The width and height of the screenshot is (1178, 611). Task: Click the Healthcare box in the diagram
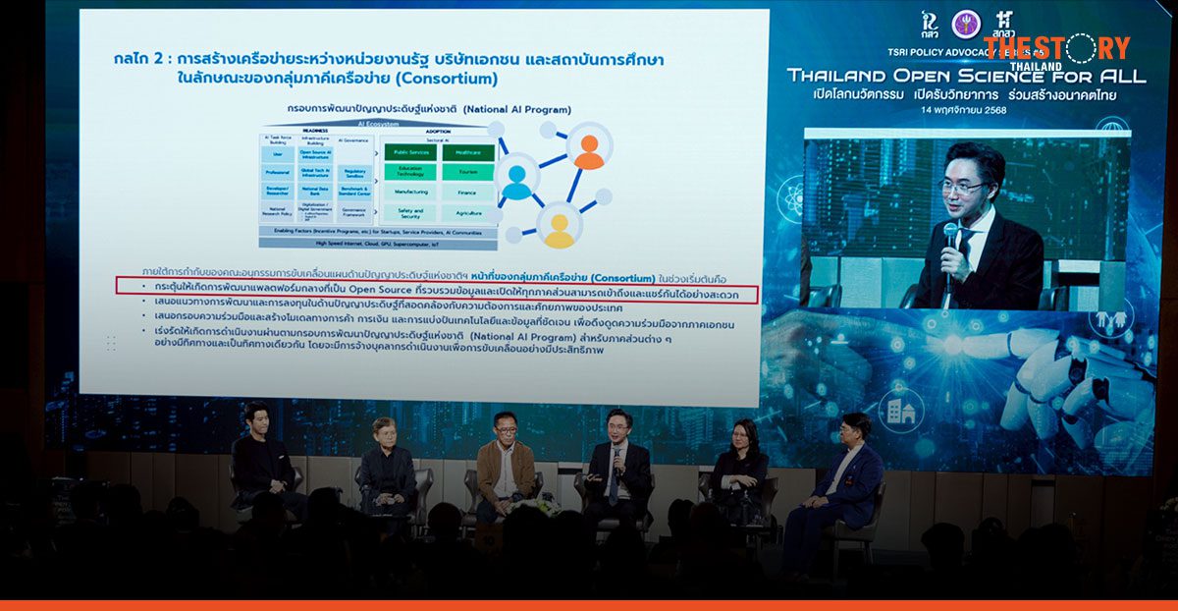467,152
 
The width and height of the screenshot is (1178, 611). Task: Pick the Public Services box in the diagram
411,152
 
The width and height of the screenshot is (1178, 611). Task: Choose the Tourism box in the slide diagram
467,172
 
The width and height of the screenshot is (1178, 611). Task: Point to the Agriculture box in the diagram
467,212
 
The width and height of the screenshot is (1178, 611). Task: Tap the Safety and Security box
411,212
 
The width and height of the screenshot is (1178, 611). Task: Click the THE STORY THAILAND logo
1056,50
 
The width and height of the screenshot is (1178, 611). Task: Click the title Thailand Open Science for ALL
967,76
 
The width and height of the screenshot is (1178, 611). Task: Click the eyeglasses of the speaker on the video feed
962,186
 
